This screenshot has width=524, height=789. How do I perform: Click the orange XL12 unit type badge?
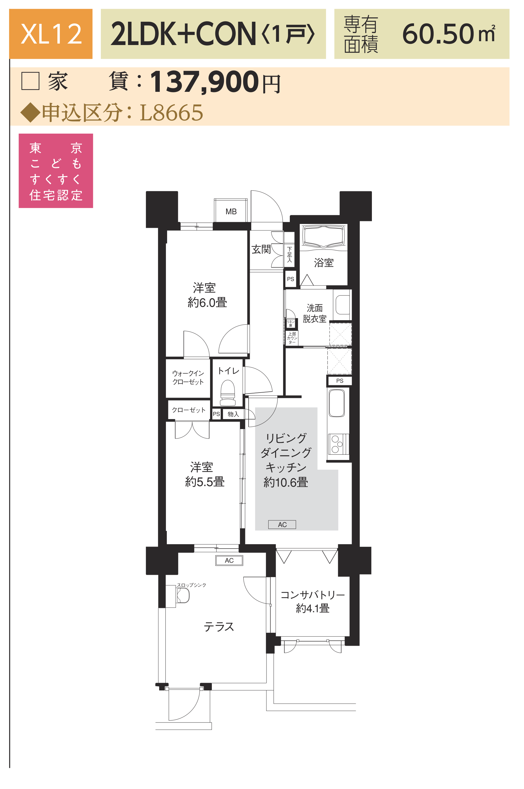[51, 34]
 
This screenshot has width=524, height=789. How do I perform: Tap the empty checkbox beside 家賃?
[30, 81]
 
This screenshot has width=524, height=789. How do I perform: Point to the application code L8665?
[172, 113]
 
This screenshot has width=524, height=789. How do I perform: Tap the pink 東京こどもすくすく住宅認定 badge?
[56, 171]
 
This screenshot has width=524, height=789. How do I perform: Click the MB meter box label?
[231, 212]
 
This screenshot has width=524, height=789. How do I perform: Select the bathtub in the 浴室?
[323, 236]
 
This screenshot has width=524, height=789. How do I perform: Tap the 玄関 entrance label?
[261, 249]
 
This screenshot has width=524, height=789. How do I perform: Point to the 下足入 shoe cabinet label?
[290, 255]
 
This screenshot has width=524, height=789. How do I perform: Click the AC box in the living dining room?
[282, 525]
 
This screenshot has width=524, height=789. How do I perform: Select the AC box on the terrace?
[229, 560]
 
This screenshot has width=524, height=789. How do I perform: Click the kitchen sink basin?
[337, 403]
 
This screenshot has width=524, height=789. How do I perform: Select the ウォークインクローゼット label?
[188, 378]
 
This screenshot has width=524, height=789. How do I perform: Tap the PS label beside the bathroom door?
[291, 279]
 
